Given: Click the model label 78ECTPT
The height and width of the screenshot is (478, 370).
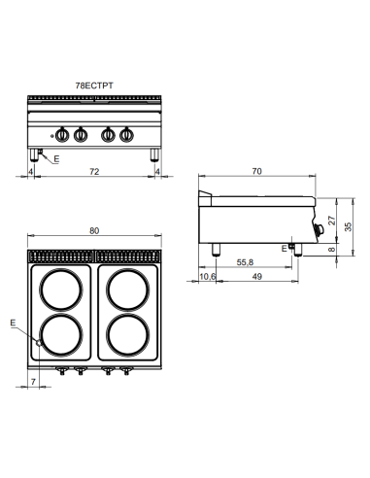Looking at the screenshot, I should pos(94,85).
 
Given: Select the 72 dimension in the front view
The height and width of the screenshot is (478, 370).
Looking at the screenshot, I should pos(93,173).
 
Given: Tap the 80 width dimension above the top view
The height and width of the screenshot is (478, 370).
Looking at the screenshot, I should pos(93,231).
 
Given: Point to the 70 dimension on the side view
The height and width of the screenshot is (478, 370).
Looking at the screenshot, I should pos(255,172).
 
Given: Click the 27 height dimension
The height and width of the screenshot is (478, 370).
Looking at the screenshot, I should pos(332,221).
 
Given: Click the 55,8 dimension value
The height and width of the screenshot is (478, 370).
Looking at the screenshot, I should pos(244,262).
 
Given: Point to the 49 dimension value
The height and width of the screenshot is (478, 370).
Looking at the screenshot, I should pos(255,277).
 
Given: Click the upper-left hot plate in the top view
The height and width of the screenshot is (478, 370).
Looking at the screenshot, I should pos(60,290).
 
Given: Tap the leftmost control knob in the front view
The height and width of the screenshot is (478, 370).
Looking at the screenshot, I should pos(66,135).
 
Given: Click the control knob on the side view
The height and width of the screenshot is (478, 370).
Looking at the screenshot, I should pos(320,229).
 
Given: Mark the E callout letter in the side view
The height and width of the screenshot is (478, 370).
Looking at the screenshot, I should pos(282,249).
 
